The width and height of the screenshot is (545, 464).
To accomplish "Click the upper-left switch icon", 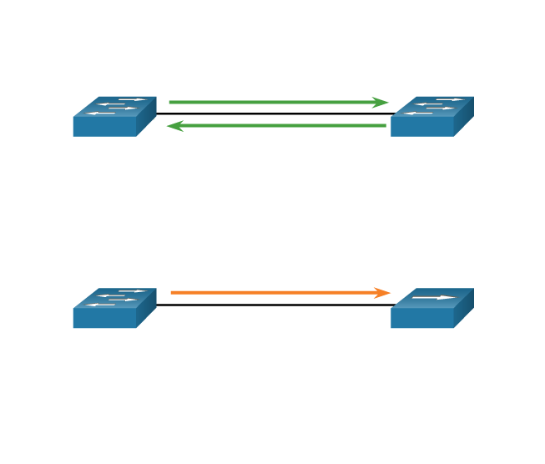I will coord(114,116).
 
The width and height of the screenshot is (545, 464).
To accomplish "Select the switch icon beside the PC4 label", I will coord(431,116).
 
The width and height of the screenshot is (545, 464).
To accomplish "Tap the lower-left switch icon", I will coord(114,308).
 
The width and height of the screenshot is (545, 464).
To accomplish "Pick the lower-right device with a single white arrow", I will coord(431,308).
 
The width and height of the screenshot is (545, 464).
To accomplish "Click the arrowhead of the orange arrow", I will coord(384,293).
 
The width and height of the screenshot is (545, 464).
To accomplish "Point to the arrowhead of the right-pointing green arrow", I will coord(382,103).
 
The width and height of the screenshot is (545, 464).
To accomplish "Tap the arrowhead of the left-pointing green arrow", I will coord(174,126).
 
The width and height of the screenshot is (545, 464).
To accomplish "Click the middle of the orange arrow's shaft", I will coord(275,293).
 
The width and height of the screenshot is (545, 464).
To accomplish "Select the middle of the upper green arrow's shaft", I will coord(275,103).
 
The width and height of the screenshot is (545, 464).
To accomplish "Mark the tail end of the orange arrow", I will coord(172,293).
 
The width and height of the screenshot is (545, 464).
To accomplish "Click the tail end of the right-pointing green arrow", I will coord(170,103).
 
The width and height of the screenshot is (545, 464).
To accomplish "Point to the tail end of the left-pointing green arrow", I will coord(385,126).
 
